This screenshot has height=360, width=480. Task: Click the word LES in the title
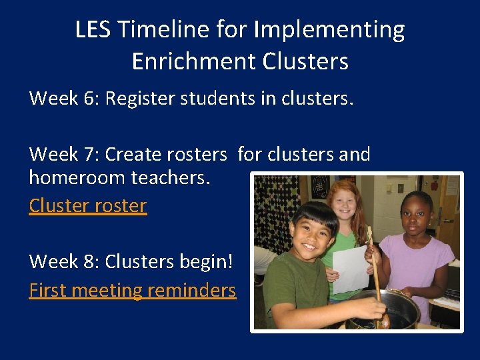click(x=91, y=30)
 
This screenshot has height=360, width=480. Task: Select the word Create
click(x=134, y=155)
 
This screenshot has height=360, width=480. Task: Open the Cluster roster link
click(x=87, y=205)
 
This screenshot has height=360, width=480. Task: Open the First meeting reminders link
click(x=132, y=290)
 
